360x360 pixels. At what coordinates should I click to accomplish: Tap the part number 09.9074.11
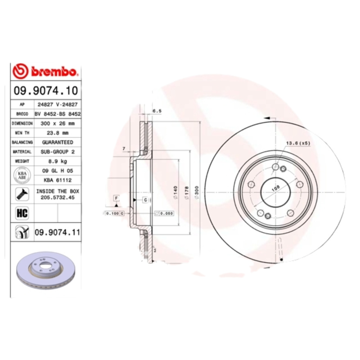point(57,233)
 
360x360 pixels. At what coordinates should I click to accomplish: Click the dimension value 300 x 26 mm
point(57,123)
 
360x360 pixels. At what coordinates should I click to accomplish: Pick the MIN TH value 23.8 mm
point(57,133)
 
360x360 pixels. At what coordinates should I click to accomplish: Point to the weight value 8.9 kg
point(57,161)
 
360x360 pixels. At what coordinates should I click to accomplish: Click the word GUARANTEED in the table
point(57,142)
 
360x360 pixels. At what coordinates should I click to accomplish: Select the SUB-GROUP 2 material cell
point(57,152)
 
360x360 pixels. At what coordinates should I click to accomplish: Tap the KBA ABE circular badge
point(22,175)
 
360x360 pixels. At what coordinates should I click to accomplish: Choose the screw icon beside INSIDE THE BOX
point(22,194)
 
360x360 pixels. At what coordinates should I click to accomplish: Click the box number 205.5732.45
point(57,197)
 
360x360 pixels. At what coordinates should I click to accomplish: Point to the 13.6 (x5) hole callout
point(298,143)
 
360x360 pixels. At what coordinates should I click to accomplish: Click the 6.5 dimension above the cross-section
point(157,111)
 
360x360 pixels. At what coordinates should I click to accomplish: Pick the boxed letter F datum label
point(116,198)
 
